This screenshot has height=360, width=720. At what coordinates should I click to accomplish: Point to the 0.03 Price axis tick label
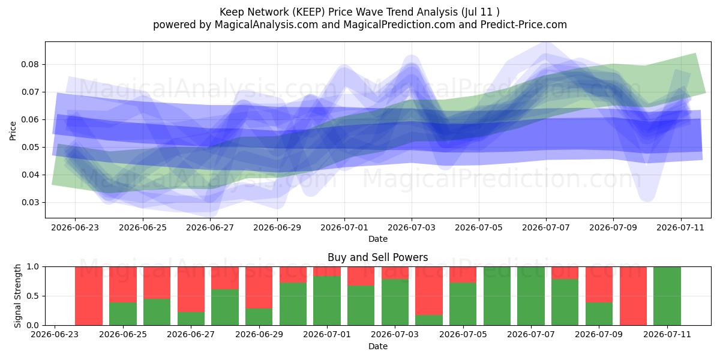pyautogui.click(x=29, y=203)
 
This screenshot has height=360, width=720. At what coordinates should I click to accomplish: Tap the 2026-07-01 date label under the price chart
pyautogui.click(x=344, y=227)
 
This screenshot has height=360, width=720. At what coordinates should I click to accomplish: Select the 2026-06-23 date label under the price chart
pyautogui.click(x=75, y=227)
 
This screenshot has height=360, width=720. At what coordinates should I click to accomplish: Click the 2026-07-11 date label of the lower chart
pyautogui.click(x=667, y=334)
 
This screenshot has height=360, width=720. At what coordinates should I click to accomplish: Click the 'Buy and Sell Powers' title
pyautogui.click(x=377, y=257)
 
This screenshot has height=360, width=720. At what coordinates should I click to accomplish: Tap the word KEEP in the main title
pyautogui.click(x=308, y=12)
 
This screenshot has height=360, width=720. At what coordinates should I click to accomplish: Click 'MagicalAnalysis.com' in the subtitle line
pyautogui.click(x=266, y=25)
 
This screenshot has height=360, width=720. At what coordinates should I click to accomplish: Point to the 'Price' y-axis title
pyautogui.click(x=13, y=131)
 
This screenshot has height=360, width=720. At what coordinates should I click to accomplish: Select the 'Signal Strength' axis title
pyautogui.click(x=17, y=296)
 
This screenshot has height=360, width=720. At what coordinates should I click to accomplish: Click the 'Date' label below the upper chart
pyautogui.click(x=378, y=239)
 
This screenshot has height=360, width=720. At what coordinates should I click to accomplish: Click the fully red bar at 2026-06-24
pyautogui.click(x=89, y=296)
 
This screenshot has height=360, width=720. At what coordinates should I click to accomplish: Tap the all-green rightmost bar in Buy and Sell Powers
pyautogui.click(x=667, y=296)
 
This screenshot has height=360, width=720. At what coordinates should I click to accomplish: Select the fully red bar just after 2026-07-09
pyautogui.click(x=633, y=296)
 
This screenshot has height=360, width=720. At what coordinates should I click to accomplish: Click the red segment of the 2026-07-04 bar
pyautogui.click(x=429, y=291)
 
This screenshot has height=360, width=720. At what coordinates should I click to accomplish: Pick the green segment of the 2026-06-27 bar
pyautogui.click(x=191, y=319)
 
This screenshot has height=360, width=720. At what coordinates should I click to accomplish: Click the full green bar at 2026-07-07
pyautogui.click(x=531, y=296)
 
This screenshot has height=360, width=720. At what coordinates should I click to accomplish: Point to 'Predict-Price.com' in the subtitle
pyautogui.click(x=524, y=25)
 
